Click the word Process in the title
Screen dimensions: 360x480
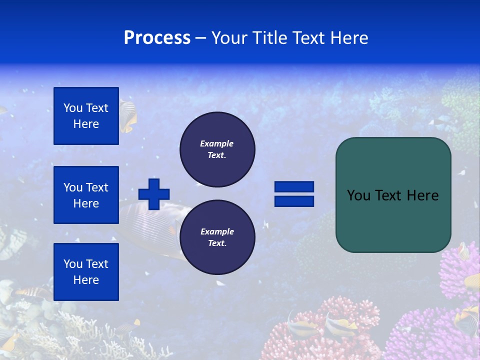click(x=157, y=38)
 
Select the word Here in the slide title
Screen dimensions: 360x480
click(x=348, y=38)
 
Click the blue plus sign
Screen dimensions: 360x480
click(x=154, y=194)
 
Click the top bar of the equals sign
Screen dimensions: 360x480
click(x=294, y=187)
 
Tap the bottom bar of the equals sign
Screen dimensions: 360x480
click(x=294, y=201)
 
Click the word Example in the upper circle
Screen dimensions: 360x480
click(x=217, y=143)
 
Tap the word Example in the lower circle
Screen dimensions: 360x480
click(x=217, y=231)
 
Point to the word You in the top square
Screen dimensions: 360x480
click(x=73, y=108)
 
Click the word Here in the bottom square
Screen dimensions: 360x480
click(x=86, y=280)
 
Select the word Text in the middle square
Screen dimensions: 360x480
click(x=96, y=187)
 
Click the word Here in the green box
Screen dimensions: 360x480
click(x=423, y=195)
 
